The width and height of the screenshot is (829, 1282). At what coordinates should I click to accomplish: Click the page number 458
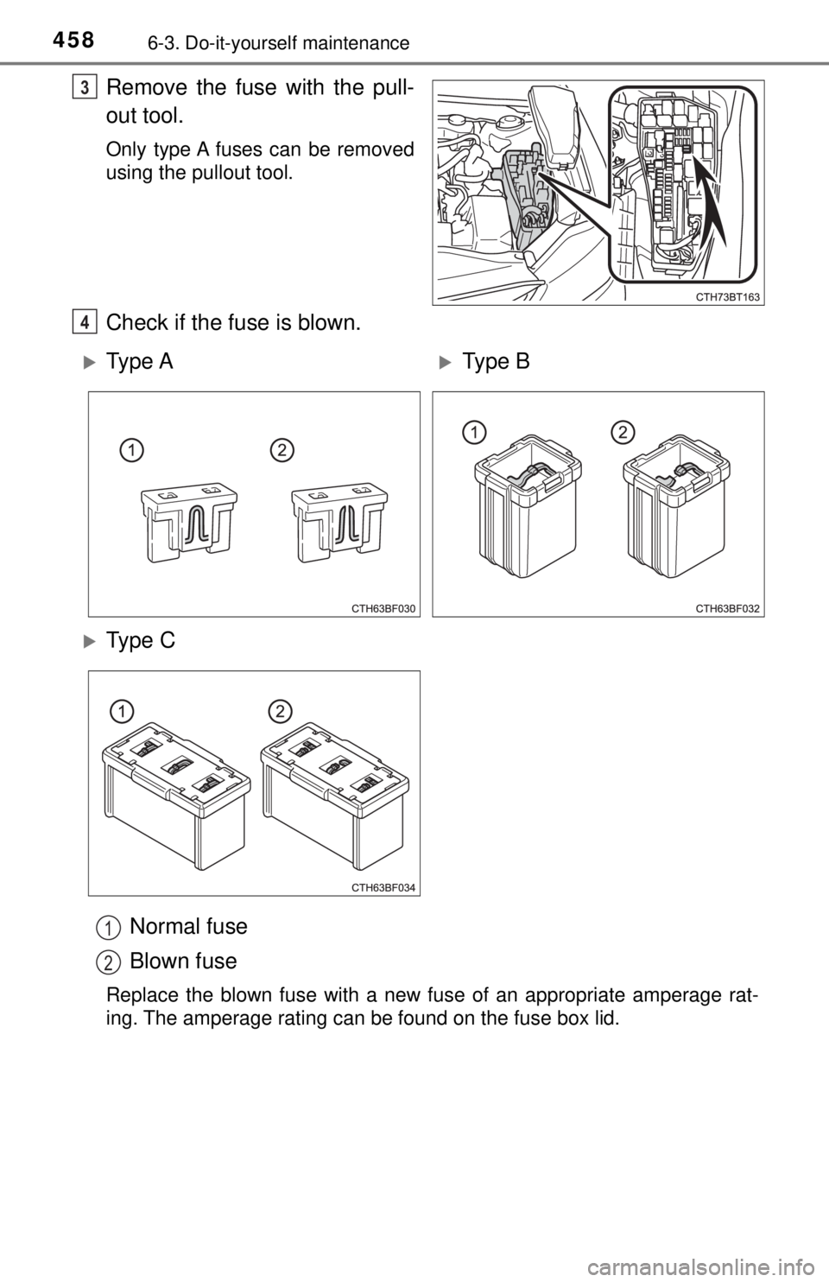click(x=73, y=41)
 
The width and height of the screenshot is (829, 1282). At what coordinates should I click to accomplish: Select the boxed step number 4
click(x=85, y=323)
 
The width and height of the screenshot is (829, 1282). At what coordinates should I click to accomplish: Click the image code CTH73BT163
click(x=727, y=296)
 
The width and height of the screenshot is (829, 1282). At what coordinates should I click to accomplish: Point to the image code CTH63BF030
click(x=383, y=609)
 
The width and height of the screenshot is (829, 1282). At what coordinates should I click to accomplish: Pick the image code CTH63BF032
click(x=728, y=609)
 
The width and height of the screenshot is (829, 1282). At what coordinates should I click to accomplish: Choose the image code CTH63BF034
click(x=383, y=888)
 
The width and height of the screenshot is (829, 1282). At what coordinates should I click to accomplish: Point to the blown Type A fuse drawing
click(x=340, y=523)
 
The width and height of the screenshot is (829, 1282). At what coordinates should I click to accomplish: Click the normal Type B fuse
click(x=528, y=505)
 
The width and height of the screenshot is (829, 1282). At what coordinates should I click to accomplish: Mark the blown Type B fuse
click(x=677, y=505)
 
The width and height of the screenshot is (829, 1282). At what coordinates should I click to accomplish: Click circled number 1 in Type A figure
click(x=131, y=451)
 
